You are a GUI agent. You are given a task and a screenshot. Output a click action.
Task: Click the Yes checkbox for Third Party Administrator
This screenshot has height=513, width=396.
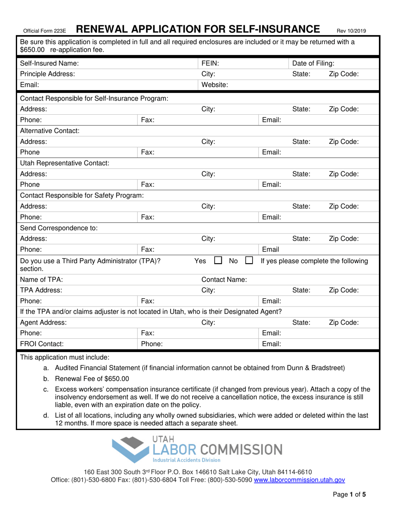[218, 262]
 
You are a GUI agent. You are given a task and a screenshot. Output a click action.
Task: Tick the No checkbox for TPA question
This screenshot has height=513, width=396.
[249, 262]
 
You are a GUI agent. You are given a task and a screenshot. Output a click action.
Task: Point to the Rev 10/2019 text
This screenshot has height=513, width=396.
[351, 30]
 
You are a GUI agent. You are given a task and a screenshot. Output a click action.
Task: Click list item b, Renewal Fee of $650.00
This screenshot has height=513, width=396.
[92, 379]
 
